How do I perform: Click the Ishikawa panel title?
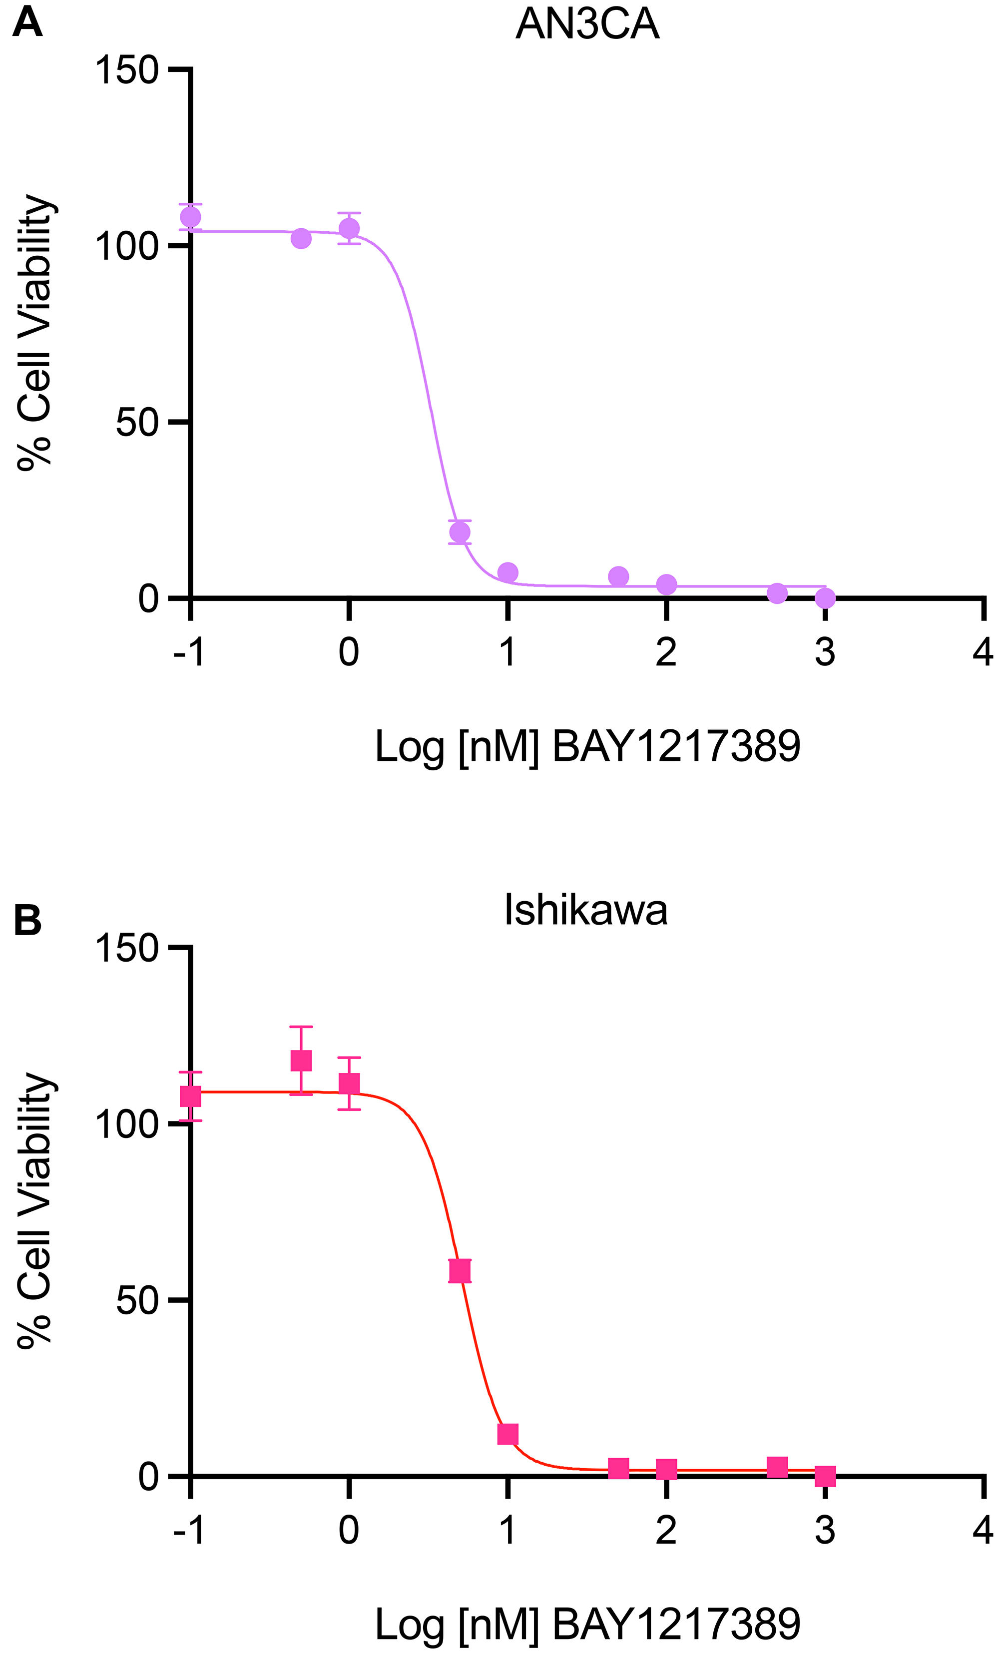pyautogui.click(x=585, y=912)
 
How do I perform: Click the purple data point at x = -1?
pyautogui.click(x=191, y=217)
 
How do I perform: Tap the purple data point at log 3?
pyautogui.click(x=826, y=597)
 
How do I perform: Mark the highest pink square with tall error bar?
pyautogui.click(x=301, y=1060)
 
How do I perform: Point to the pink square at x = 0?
pyautogui.click(x=349, y=1084)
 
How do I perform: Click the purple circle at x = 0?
pyautogui.click(x=349, y=229)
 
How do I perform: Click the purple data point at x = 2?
pyautogui.click(x=666, y=584)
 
